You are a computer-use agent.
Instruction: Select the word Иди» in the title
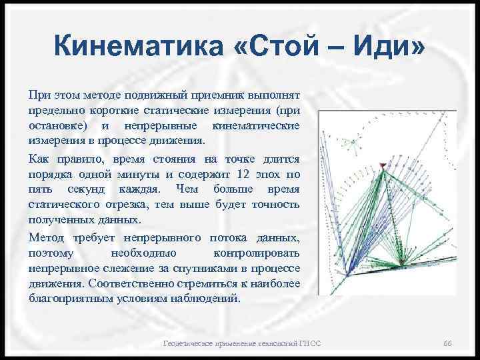(x=395, y=49)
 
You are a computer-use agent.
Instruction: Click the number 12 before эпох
(x=242, y=174)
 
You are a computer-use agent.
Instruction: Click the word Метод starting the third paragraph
(x=47, y=238)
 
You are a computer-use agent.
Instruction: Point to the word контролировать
(x=257, y=253)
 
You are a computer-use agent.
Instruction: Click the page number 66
(x=448, y=343)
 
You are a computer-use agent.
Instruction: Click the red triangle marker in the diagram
(x=382, y=165)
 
